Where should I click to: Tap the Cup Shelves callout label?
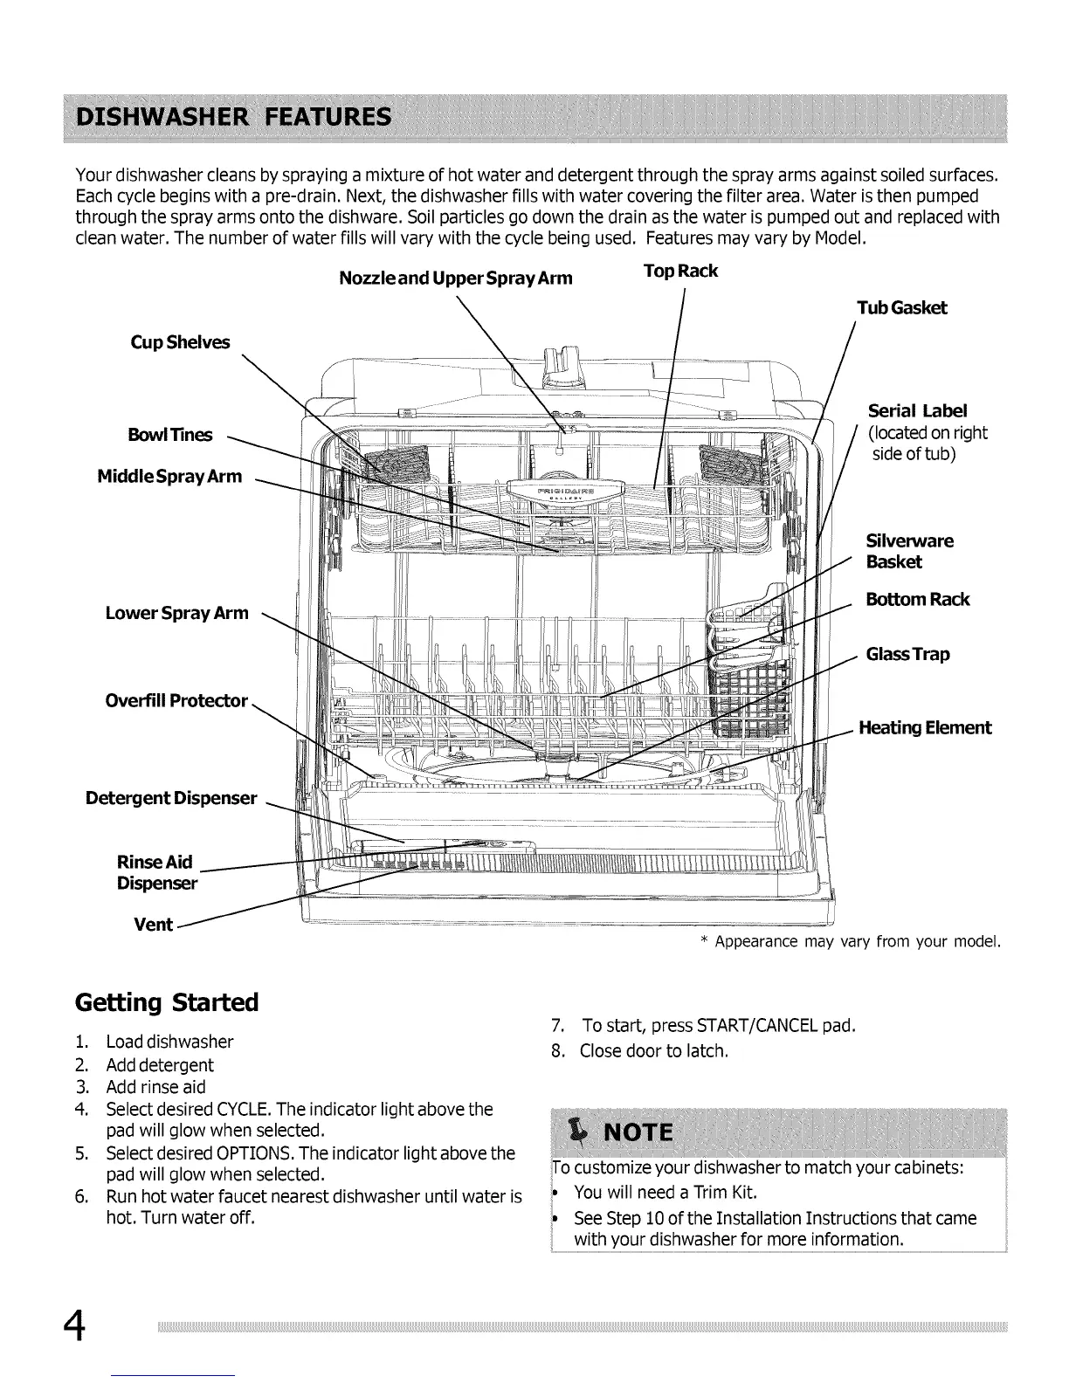click(180, 342)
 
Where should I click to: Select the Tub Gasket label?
click(901, 307)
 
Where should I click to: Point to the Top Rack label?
click(680, 271)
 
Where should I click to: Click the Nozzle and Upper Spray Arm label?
click(455, 279)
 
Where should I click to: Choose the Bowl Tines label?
click(169, 435)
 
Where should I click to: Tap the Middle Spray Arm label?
click(169, 476)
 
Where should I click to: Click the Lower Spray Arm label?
click(176, 613)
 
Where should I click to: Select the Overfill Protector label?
click(176, 701)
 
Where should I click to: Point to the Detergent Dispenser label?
click(171, 798)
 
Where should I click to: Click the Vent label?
click(153, 925)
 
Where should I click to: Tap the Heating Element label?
click(925, 727)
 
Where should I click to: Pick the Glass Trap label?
click(907, 654)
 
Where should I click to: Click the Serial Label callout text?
click(918, 411)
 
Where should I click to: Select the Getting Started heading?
click(167, 1001)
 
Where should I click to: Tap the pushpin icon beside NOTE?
click(576, 1132)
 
